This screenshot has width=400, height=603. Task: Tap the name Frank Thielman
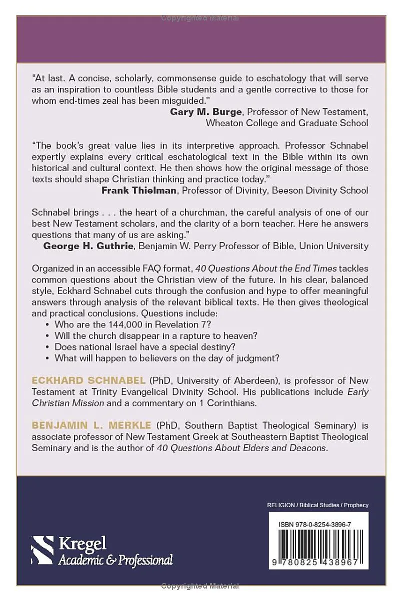(x=139, y=190)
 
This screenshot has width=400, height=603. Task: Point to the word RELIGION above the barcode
(x=280, y=505)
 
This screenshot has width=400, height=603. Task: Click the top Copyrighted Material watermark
(x=200, y=18)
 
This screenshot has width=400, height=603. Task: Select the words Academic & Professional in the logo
(x=115, y=560)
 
